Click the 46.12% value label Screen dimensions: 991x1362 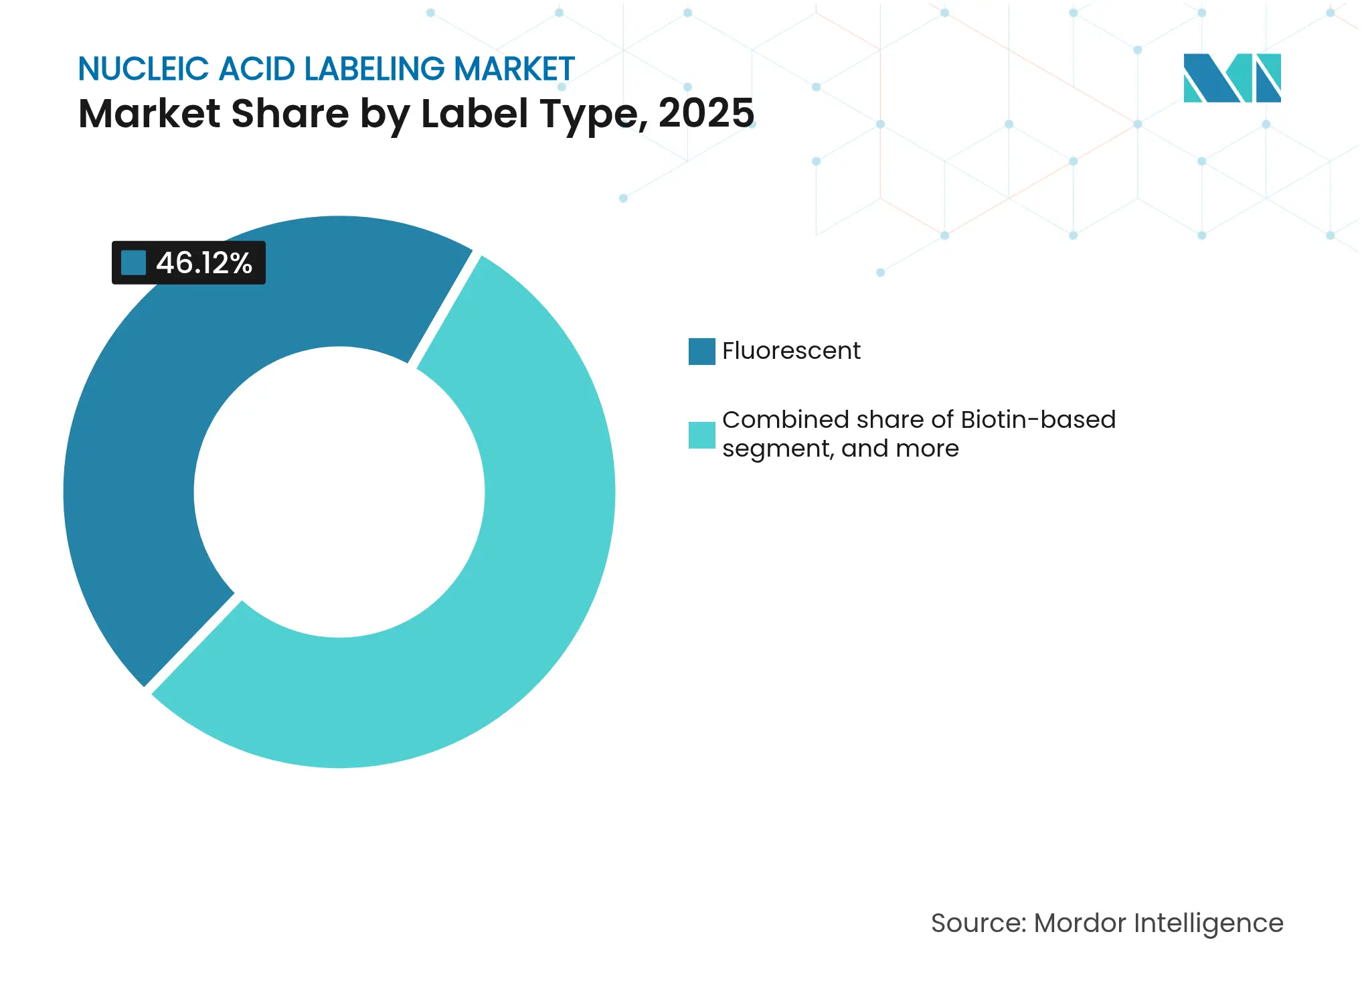pos(203,263)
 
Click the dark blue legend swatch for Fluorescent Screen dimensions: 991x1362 pos(701,352)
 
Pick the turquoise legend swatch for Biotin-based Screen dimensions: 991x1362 pos(701,435)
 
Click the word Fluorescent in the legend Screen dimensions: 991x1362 pos(791,351)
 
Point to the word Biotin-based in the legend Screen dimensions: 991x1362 pos(1038,420)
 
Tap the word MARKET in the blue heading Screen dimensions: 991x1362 pos(514,69)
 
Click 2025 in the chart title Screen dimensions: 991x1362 pos(706,113)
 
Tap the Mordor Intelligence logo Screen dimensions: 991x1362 pos(1231,78)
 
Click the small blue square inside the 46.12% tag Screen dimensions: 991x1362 pos(133,262)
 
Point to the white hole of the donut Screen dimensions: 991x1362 pos(339,492)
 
